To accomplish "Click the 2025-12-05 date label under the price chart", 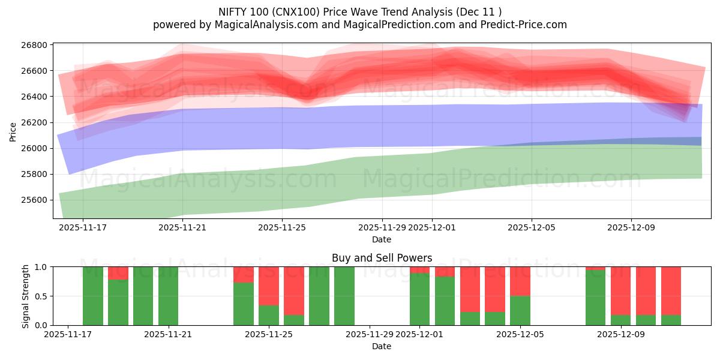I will tap(531, 228).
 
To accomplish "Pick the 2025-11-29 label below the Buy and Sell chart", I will tap(370, 334).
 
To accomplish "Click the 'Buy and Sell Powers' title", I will tap(382, 258).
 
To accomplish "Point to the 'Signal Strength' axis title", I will tap(25, 296).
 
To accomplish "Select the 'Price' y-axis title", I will tap(13, 131).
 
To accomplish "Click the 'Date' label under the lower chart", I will tap(382, 346).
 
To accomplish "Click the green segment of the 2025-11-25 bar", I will tap(269, 315).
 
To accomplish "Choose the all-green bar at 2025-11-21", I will tap(169, 296).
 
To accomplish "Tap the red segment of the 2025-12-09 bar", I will tap(621, 290).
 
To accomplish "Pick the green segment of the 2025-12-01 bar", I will tap(420, 299).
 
